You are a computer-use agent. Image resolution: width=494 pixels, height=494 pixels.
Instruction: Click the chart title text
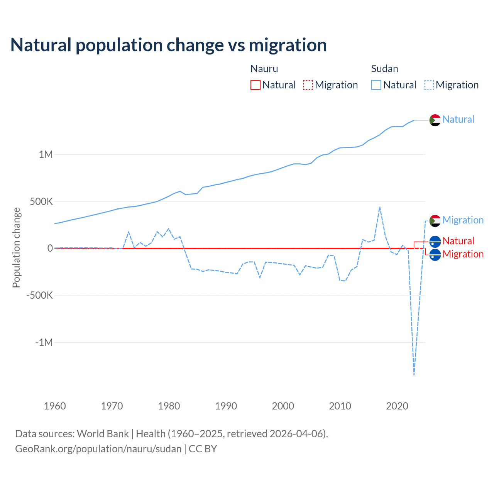[x=169, y=45]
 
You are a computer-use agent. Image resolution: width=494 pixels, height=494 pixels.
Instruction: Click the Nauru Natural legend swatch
[x=255, y=85]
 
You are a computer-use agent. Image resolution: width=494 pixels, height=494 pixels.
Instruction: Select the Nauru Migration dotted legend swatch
[x=308, y=85]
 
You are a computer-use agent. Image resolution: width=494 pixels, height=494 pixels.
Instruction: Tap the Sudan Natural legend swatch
[x=376, y=85]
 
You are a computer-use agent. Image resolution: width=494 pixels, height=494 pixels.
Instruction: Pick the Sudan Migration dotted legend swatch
[x=429, y=85]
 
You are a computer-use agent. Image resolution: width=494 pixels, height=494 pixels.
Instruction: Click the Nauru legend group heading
[x=264, y=69]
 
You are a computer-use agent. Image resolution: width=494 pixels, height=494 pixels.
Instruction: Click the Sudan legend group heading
[x=384, y=69]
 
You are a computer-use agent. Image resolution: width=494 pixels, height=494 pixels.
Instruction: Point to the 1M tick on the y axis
[x=46, y=155]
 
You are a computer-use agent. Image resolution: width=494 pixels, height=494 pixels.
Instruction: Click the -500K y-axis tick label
[x=39, y=296]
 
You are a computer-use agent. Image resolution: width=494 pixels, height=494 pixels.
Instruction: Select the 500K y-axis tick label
[x=42, y=201]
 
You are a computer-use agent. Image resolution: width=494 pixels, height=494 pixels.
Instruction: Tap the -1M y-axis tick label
[x=44, y=343]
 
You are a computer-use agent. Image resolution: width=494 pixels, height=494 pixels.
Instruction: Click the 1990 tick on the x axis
[x=226, y=406]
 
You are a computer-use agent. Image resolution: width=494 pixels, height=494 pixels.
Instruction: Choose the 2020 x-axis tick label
[x=397, y=406]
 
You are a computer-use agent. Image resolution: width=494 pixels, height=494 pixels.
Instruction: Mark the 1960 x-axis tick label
[x=55, y=406]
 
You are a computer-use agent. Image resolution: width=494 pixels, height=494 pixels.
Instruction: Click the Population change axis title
[x=16, y=248]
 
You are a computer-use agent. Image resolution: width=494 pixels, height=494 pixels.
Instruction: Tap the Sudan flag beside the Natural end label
[x=435, y=120]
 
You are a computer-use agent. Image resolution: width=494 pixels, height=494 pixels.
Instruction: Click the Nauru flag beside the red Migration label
[x=435, y=255]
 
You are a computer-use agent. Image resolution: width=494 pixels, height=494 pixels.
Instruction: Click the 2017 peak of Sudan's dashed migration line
[x=380, y=207]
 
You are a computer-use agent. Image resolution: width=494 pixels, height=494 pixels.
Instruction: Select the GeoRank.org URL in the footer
[x=98, y=449]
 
